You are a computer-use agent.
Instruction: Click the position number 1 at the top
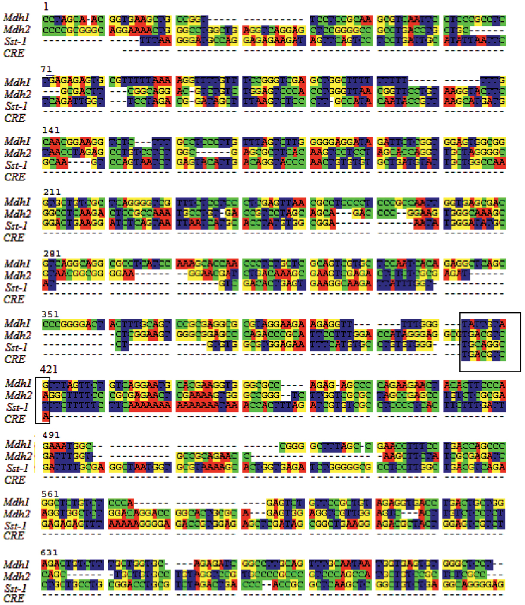tap(46, 6)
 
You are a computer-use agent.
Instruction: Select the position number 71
tap(47, 70)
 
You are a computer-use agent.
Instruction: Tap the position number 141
tap(51, 130)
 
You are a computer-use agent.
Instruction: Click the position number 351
tap(51, 314)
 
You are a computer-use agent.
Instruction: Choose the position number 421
tap(49, 369)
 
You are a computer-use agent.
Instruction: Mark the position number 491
tap(51, 435)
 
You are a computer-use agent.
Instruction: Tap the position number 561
tap(50, 494)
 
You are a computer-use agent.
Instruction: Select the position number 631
tap(49, 552)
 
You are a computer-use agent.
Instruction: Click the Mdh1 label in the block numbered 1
tap(16, 18)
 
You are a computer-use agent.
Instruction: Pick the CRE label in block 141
tap(15, 177)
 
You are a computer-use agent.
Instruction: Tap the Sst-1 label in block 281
tap(17, 287)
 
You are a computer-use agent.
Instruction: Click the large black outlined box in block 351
tap(490, 342)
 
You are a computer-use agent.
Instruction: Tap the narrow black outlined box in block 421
tap(42, 400)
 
